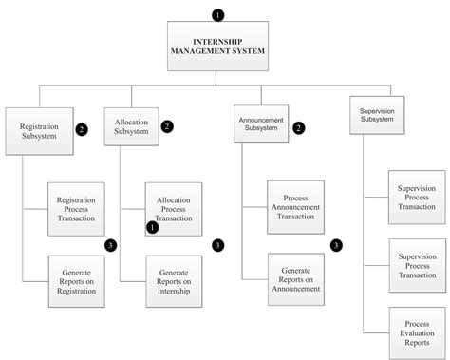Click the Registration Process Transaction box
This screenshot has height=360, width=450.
[x=77, y=208]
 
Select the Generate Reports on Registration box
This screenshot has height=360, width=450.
[x=77, y=282]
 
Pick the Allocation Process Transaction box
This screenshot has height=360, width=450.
[x=174, y=208]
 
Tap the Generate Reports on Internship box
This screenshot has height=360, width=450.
[x=174, y=282]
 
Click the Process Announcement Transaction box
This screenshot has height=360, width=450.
[x=295, y=206]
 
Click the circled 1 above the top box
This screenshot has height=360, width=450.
[x=219, y=15]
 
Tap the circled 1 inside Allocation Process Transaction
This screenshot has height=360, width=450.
[x=153, y=227]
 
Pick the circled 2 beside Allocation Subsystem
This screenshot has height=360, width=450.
[x=167, y=125]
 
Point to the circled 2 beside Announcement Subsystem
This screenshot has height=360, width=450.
[x=299, y=127]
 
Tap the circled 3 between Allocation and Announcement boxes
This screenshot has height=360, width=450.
[x=217, y=245]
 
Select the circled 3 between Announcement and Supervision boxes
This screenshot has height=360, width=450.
[x=336, y=245]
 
